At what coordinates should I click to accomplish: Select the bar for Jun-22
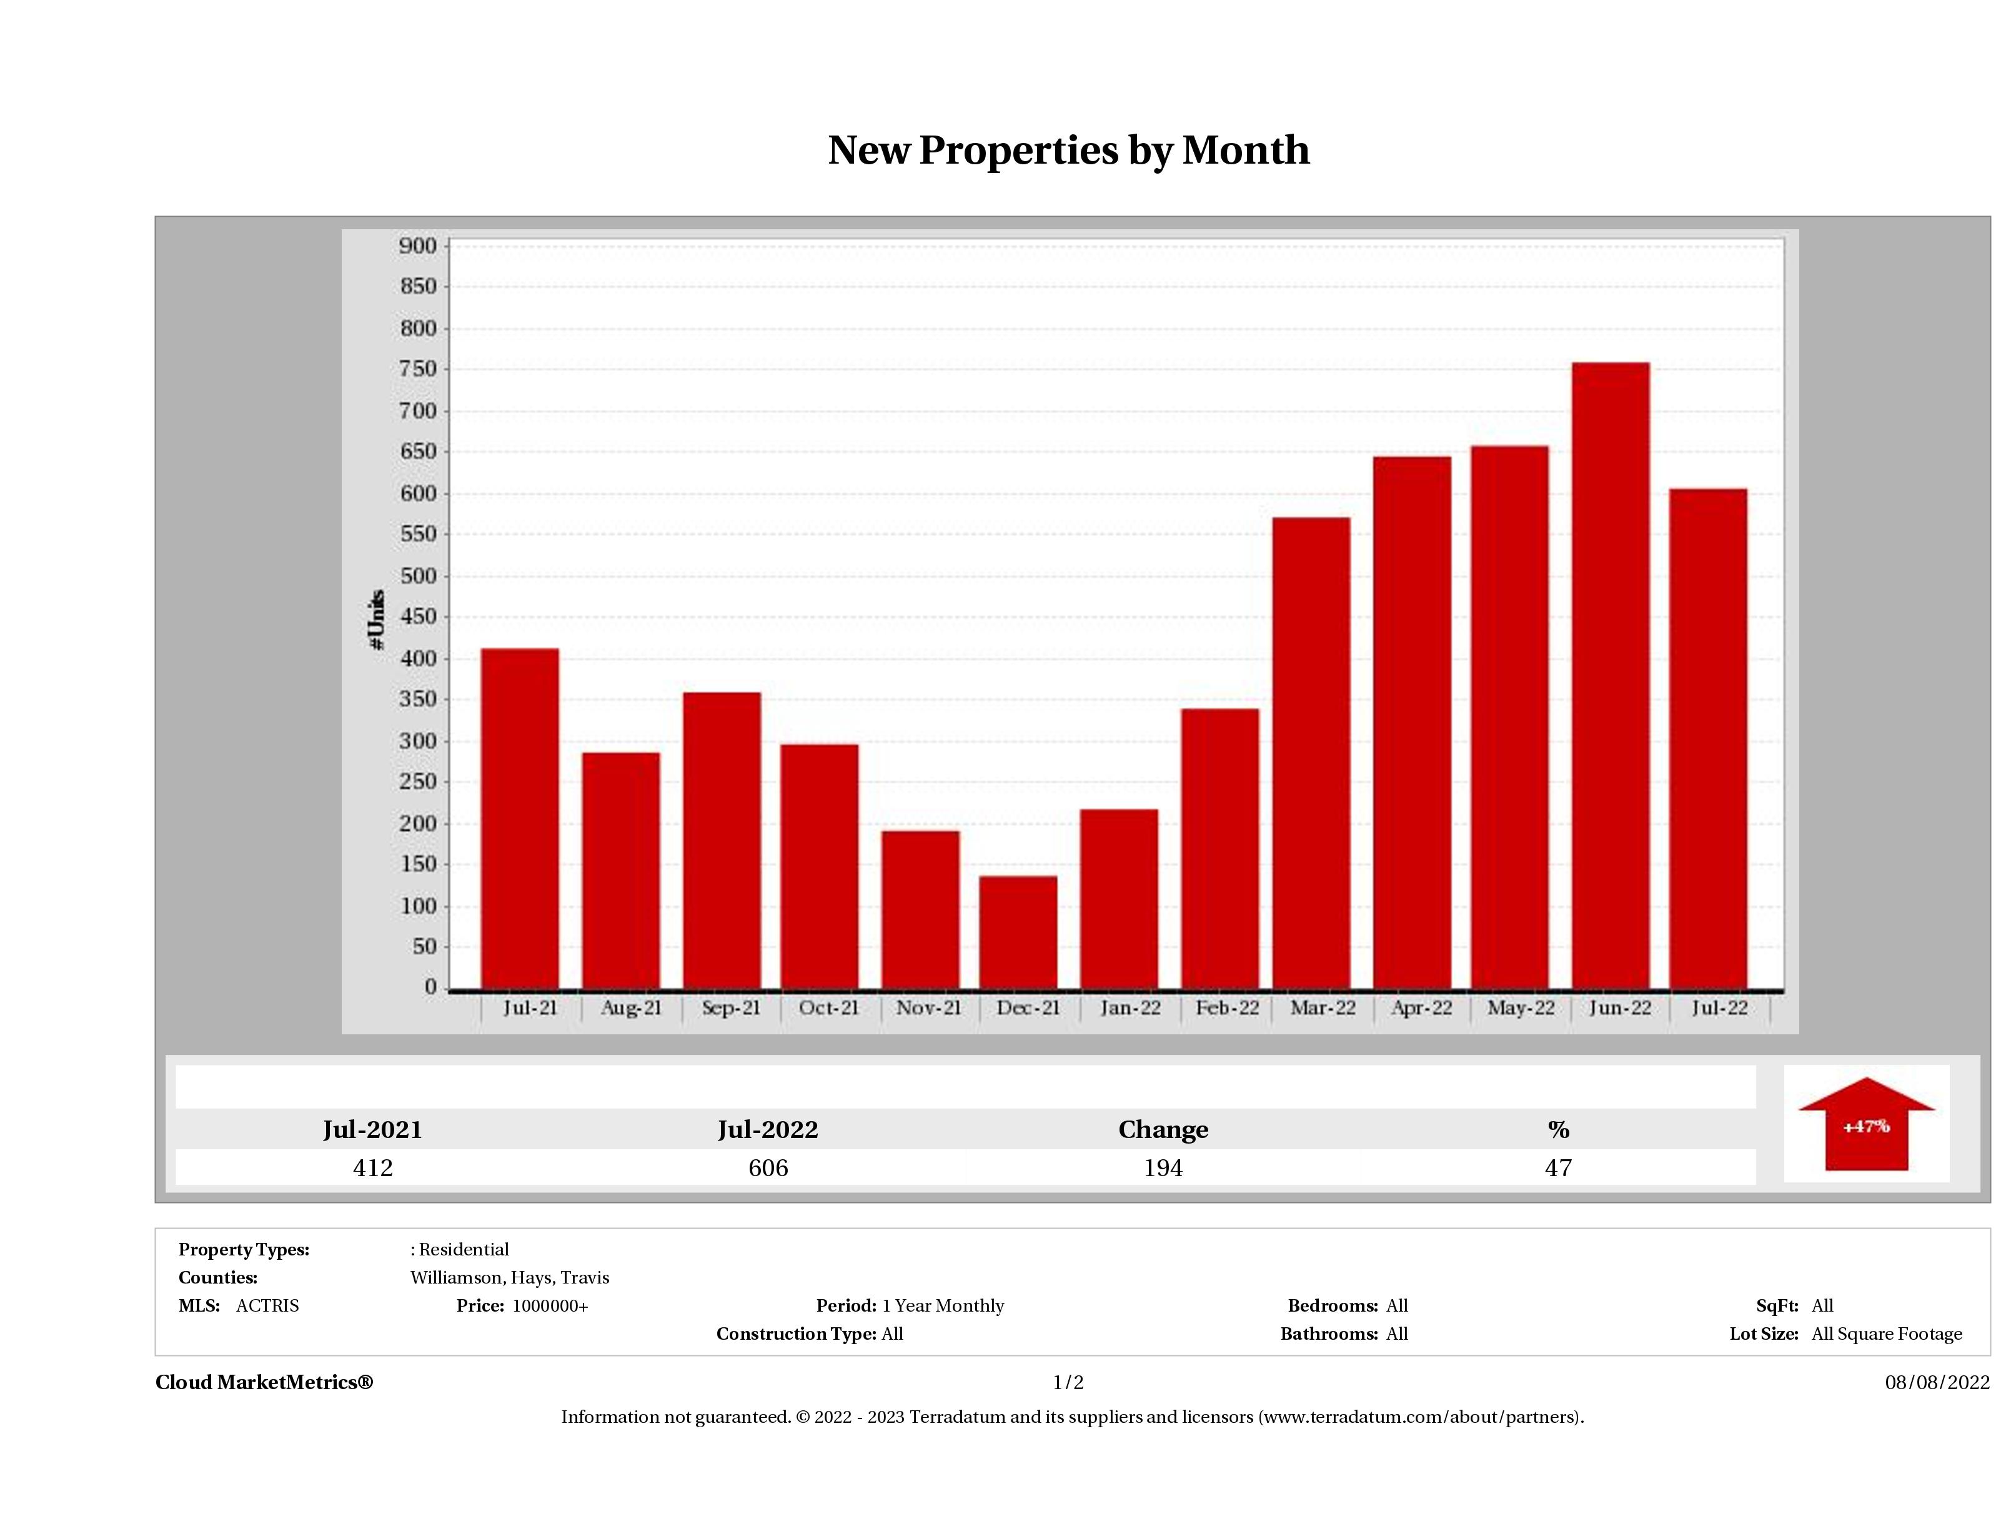(x=1611, y=675)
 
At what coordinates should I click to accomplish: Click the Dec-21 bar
(x=1018, y=931)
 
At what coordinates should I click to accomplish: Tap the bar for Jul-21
(x=520, y=818)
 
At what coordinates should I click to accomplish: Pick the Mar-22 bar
(x=1311, y=753)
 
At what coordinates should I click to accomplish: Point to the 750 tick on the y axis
(x=419, y=369)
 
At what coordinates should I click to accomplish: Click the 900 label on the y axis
(x=419, y=246)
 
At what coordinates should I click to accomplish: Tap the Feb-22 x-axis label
(x=1227, y=1008)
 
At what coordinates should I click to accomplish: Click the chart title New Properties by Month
(x=1068, y=151)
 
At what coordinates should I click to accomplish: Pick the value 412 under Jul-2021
(x=373, y=1168)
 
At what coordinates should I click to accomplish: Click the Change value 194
(x=1163, y=1168)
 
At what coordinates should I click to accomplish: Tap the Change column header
(x=1163, y=1130)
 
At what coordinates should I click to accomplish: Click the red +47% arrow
(x=1865, y=1126)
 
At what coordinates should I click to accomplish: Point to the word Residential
(x=464, y=1249)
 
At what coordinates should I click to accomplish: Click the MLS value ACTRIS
(x=267, y=1306)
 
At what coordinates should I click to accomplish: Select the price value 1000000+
(x=550, y=1306)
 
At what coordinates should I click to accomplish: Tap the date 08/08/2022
(x=1937, y=1382)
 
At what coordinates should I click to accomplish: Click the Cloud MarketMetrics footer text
(x=264, y=1382)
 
